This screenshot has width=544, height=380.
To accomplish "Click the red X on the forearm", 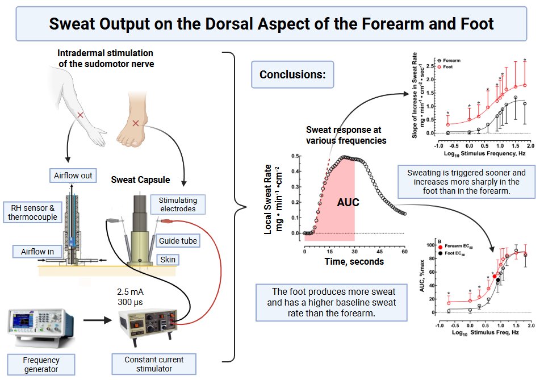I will coord(80,115).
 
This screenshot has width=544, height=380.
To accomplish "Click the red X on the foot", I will coord(135,123).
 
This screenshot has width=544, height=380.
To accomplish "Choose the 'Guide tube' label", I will coord(178,241).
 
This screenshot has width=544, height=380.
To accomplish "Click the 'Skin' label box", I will coord(169,260).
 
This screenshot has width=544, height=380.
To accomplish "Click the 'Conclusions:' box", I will coord(292,75).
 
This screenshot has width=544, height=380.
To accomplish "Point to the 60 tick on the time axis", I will coord(404,252).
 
